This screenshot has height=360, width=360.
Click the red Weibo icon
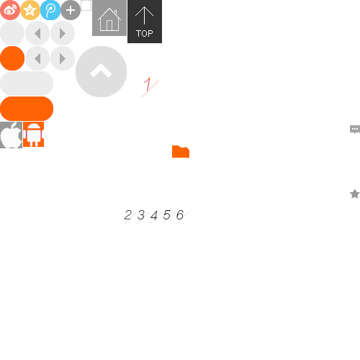tap(10, 10)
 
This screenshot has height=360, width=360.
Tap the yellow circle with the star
tap(30, 10)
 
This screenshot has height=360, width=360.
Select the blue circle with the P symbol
tap(50, 10)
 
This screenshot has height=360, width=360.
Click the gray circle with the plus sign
tap(71, 10)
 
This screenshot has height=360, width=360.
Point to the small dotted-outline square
tap(86, 5)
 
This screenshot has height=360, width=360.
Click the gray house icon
tap(109, 19)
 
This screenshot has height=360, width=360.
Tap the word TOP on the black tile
tap(145, 33)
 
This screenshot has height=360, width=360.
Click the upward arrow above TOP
tap(144, 15)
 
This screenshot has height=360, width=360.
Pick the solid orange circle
tap(12, 58)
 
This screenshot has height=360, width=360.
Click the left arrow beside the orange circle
tap(37, 58)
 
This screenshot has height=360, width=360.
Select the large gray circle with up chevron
tap(101, 71)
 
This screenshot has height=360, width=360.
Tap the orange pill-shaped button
tap(27, 109)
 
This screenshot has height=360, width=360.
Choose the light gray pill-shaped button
tap(27, 84)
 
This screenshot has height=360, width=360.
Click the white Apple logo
tap(11, 135)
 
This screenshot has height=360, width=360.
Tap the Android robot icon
tap(34, 135)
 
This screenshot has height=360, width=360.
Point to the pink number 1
tap(148, 84)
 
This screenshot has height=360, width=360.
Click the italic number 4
tap(154, 215)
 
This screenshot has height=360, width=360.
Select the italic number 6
tap(180, 215)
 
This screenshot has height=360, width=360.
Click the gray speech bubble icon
tap(355, 130)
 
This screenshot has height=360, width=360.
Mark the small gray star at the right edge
tap(355, 194)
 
